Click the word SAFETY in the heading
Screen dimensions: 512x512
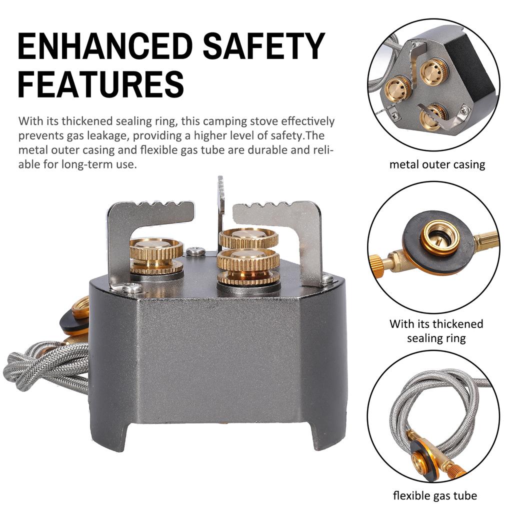click(264, 46)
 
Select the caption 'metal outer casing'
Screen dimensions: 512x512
click(437, 164)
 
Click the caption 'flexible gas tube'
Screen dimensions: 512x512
click(434, 495)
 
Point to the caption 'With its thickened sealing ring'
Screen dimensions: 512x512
click(436, 330)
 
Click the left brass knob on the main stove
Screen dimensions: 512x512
click(156, 255)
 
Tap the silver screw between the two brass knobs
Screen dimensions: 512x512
click(195, 251)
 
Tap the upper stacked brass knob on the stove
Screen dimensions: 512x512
click(248, 238)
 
